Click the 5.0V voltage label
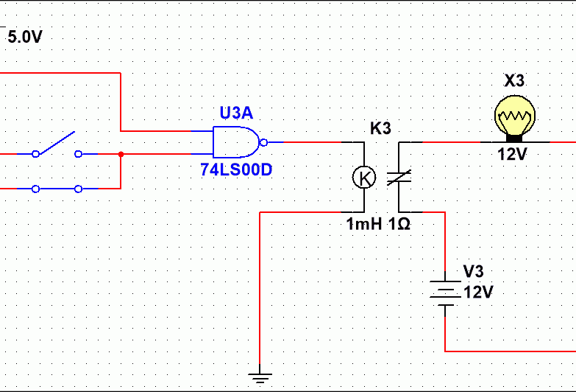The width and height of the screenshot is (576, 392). point(25,37)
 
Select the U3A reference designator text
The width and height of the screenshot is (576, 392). point(236,113)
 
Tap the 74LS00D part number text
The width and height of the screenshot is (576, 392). point(236,169)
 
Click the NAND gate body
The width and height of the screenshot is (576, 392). point(236,142)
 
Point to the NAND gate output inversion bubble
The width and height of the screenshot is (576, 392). point(263,142)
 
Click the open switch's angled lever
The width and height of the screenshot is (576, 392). point(56,142)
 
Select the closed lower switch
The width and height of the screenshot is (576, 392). point(57,189)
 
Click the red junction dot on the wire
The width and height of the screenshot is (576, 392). point(121,154)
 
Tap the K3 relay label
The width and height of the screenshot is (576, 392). point(380,128)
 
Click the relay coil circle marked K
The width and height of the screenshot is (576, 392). point(364,178)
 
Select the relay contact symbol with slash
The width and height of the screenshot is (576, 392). point(399,178)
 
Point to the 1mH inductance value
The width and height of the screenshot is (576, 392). point(364,224)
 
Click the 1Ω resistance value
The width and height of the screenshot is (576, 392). point(399,224)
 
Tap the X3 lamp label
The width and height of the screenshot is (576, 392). point(514,80)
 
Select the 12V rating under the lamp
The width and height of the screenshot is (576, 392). point(513,154)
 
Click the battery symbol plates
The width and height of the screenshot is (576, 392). point(445,293)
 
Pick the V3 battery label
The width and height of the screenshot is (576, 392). point(473,272)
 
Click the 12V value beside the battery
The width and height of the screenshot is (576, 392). point(478,293)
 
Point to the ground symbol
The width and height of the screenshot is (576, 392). point(260,377)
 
